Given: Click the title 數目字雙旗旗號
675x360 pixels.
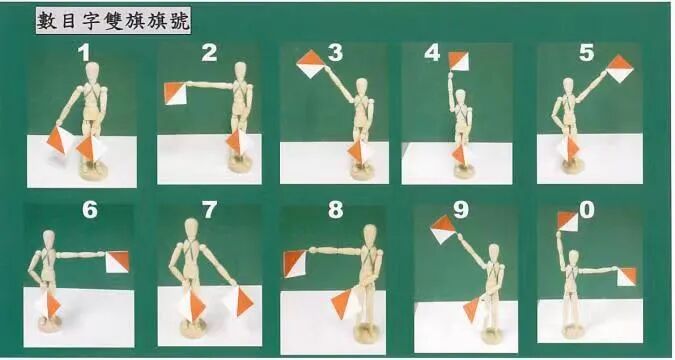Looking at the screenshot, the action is click(x=113, y=21).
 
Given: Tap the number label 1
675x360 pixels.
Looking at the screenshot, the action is click(x=84, y=53).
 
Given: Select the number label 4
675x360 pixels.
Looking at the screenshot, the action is click(x=432, y=53).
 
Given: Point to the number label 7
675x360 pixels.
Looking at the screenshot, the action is click(x=209, y=211).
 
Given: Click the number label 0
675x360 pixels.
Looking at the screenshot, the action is click(x=587, y=210).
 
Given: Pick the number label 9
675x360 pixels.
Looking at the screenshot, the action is click(x=461, y=210).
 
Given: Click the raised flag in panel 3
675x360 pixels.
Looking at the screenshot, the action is click(x=312, y=64).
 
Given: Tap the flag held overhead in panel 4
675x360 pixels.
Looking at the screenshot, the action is click(x=458, y=61).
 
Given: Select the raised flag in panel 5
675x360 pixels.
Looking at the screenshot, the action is click(x=620, y=68).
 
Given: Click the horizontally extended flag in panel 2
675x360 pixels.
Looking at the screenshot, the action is click(x=176, y=93).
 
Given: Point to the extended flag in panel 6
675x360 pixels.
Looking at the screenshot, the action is click(x=118, y=262).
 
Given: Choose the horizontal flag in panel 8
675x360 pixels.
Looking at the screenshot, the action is click(x=295, y=264).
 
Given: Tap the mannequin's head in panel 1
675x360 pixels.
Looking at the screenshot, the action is click(x=93, y=73).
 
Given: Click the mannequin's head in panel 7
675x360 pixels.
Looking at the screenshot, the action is click(x=191, y=229).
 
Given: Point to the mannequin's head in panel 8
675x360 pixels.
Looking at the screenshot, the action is click(x=369, y=236).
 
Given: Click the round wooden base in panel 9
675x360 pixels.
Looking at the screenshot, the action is click(x=492, y=335).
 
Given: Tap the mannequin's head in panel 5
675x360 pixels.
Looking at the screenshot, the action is click(x=568, y=87).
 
